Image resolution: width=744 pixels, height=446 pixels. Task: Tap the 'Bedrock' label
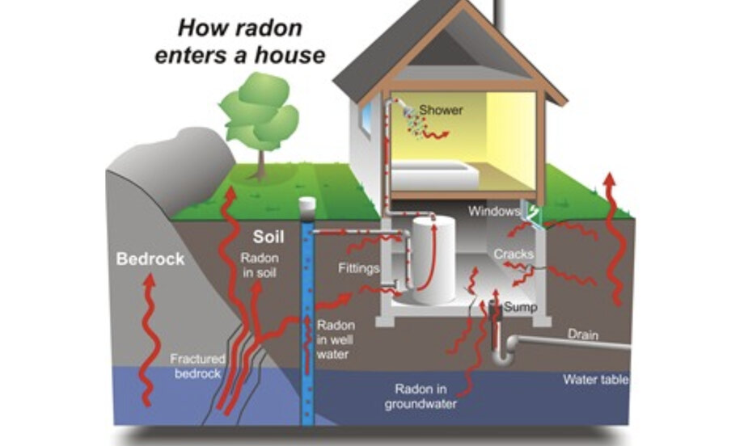point(150,259)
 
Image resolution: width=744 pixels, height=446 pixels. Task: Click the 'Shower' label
point(441,110)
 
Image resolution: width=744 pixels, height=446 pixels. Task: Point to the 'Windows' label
point(493,212)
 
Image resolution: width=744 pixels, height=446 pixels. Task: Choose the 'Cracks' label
point(514,254)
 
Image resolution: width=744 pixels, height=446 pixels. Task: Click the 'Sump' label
point(520,308)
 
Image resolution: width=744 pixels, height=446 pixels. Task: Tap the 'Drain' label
point(582,334)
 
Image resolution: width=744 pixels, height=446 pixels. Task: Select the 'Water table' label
point(596,379)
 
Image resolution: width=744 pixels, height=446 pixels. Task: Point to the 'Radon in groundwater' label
point(426,395)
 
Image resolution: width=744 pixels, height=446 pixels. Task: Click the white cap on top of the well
point(306,207)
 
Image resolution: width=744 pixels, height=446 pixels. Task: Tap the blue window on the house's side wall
point(366,118)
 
